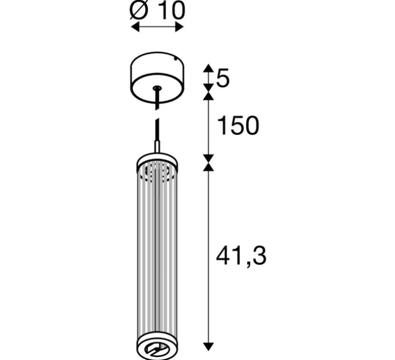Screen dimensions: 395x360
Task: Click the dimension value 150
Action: point(238,125)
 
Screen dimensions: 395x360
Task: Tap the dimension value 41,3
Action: point(241,256)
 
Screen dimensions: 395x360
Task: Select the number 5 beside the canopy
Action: point(223,78)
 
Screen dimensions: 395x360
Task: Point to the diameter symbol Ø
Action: point(139,10)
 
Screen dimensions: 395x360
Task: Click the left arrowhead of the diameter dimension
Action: point(135,27)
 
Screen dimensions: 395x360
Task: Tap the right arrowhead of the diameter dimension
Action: point(179,27)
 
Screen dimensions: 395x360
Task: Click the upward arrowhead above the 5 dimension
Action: point(208,68)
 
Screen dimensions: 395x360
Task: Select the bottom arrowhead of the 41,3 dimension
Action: point(208,347)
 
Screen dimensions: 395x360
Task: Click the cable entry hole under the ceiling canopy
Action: point(157,88)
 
